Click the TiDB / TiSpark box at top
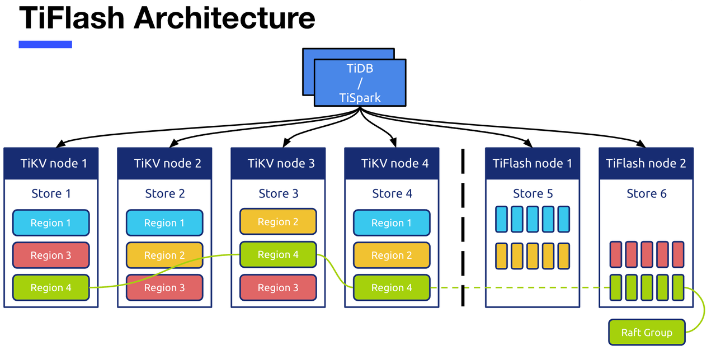(x=360, y=83)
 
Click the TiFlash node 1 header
(x=532, y=163)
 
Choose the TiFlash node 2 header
(x=646, y=163)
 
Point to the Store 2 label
(x=164, y=194)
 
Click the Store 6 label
(x=646, y=194)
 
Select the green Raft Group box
(x=647, y=333)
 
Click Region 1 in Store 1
(x=51, y=223)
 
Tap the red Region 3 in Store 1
(x=51, y=255)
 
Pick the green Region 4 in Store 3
(x=278, y=255)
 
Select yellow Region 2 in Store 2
(x=164, y=255)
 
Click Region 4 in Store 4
(x=392, y=288)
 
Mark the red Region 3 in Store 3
(x=278, y=288)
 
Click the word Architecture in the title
(x=224, y=18)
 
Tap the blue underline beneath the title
(x=45, y=44)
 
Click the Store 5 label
(x=533, y=194)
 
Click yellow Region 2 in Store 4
(x=392, y=255)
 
